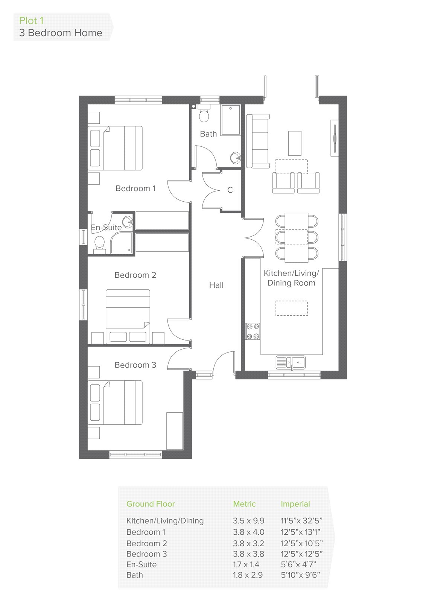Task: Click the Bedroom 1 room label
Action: [x=135, y=189]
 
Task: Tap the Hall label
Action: [x=216, y=286]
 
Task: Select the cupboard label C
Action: [x=230, y=190]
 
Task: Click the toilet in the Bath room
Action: [x=204, y=114]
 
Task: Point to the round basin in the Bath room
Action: [x=235, y=157]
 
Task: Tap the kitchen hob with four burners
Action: [x=253, y=331]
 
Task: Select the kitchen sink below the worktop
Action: [x=291, y=362]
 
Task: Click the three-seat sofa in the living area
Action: [x=258, y=141]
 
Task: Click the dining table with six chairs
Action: [x=296, y=237]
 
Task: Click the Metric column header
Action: [x=244, y=504]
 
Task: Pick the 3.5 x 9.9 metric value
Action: [x=248, y=521]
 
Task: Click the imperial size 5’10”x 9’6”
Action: [x=300, y=575]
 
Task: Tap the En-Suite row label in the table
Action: [x=141, y=564]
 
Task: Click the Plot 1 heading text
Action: [x=31, y=21]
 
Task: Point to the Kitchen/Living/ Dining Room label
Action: [x=291, y=278]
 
